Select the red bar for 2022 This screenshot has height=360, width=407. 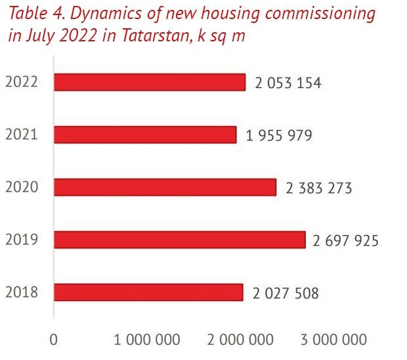(x=149, y=82)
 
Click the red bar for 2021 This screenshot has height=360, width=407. (x=144, y=135)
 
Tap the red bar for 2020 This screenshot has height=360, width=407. (x=165, y=187)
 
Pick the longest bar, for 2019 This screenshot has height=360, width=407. (x=179, y=240)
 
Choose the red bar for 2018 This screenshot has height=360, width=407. (x=148, y=292)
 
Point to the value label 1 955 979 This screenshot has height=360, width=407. (x=279, y=136)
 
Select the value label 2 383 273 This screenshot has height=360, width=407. (x=319, y=189)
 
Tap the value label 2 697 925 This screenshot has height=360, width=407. (x=345, y=241)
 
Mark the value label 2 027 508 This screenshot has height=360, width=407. (x=286, y=294)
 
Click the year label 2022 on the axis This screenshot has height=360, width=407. (x=20, y=83)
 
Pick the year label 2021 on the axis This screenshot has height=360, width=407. (x=20, y=135)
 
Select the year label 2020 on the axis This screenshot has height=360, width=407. (x=20, y=188)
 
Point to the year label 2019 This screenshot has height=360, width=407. (x=20, y=240)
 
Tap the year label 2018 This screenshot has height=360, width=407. (x=20, y=293)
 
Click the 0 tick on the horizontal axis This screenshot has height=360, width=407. (x=54, y=340)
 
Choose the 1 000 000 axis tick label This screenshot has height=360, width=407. (x=147, y=340)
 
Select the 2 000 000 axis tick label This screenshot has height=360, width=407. (x=240, y=340)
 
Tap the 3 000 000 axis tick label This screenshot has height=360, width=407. (x=333, y=340)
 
